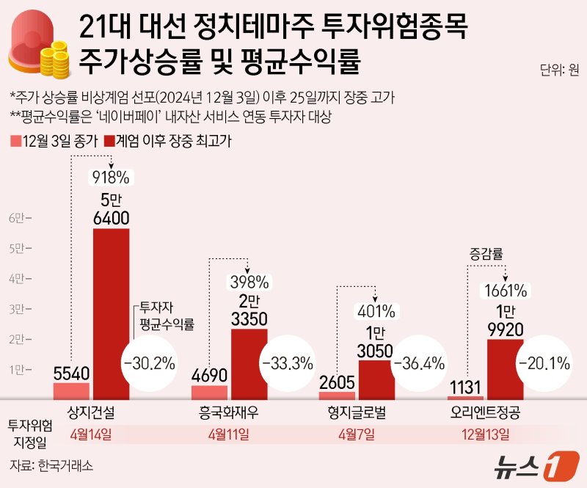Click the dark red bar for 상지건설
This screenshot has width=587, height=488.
tap(111, 314)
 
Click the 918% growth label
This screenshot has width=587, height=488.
tap(110, 177)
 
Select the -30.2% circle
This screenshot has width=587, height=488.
tap(150, 363)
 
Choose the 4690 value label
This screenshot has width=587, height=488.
tap(208, 375)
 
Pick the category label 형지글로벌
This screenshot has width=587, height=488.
tap(357, 409)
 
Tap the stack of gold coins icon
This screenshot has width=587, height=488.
tap(54, 57)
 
